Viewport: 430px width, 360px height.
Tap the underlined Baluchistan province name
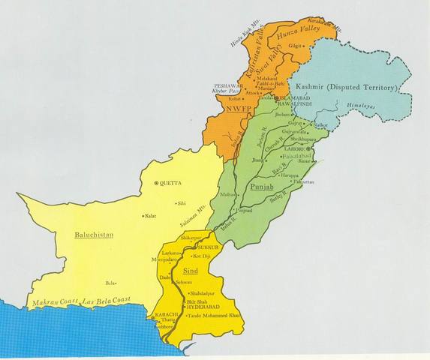(95, 235)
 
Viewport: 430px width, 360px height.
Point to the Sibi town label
(181, 202)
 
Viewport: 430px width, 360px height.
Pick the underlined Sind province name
(191, 268)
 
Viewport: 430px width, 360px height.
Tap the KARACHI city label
(165, 313)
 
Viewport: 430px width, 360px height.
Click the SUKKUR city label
(207, 246)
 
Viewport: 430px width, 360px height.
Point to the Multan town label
(226, 194)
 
